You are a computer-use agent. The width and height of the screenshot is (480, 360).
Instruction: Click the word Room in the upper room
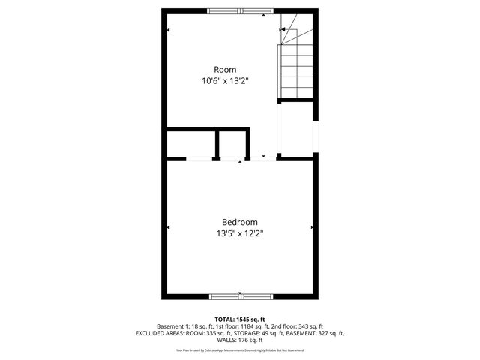click(x=225, y=70)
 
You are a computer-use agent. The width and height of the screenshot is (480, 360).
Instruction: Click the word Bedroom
click(x=240, y=222)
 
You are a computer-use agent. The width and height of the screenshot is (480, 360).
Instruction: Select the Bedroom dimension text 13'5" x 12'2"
click(x=240, y=233)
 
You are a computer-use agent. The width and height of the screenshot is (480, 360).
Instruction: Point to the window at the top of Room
click(x=240, y=10)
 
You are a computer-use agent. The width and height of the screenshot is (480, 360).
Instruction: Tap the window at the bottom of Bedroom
click(x=240, y=295)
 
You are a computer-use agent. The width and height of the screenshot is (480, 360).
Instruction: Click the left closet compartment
click(x=191, y=143)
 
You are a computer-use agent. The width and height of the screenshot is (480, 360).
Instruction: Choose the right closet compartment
click(x=233, y=143)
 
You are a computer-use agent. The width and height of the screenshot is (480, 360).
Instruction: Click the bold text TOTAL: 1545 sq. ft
click(x=240, y=319)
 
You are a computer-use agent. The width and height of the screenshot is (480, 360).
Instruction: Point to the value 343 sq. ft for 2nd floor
click(x=310, y=326)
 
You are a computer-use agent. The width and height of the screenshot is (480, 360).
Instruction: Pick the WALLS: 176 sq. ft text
click(x=240, y=340)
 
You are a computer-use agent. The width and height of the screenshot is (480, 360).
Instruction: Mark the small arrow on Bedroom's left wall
click(x=169, y=227)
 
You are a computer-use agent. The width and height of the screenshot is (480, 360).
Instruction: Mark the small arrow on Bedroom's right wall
click(x=311, y=227)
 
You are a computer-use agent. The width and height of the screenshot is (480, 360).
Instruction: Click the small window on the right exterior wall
click(x=316, y=136)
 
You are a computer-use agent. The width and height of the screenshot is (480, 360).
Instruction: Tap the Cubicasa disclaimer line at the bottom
click(x=240, y=350)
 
